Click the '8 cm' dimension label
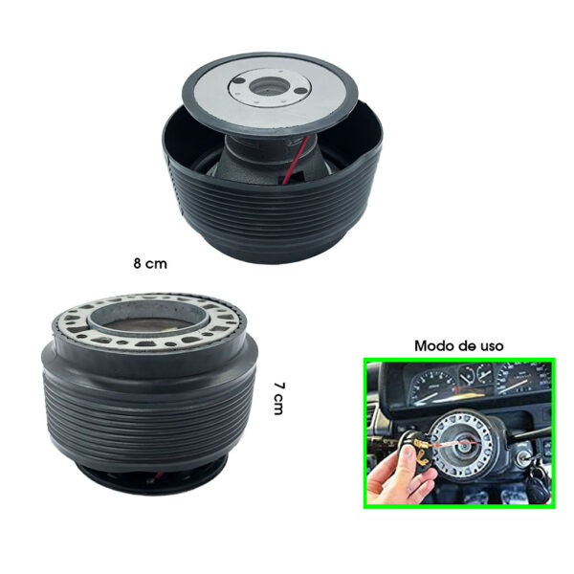pos(150,264)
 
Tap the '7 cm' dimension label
pos(279,399)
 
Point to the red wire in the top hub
pos(298,158)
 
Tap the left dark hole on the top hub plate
pos(240,81)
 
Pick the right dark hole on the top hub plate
pos(299,91)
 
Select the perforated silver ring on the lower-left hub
pos(150,341)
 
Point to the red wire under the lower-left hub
pos(157,475)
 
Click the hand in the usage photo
pos(396,475)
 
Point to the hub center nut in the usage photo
pos(464,445)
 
